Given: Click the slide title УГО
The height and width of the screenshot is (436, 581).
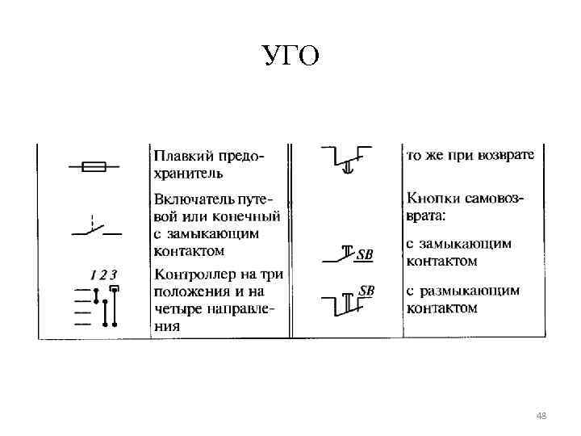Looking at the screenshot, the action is pyautogui.click(x=291, y=56).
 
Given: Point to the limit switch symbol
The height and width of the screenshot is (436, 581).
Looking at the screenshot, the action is pyautogui.click(x=95, y=227).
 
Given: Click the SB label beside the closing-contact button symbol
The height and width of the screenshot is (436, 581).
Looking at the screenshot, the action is pyautogui.click(x=365, y=256).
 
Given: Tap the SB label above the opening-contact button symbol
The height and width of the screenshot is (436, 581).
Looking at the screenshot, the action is pyautogui.click(x=366, y=290).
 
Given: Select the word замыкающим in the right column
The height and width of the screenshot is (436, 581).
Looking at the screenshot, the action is pyautogui.click(x=469, y=244).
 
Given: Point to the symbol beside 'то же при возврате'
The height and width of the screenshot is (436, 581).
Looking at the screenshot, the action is pyautogui.click(x=345, y=159).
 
